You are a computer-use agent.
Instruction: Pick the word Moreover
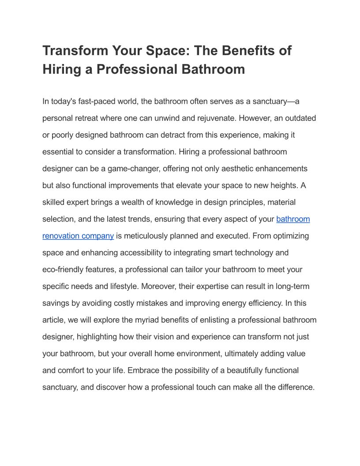point(158,286)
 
